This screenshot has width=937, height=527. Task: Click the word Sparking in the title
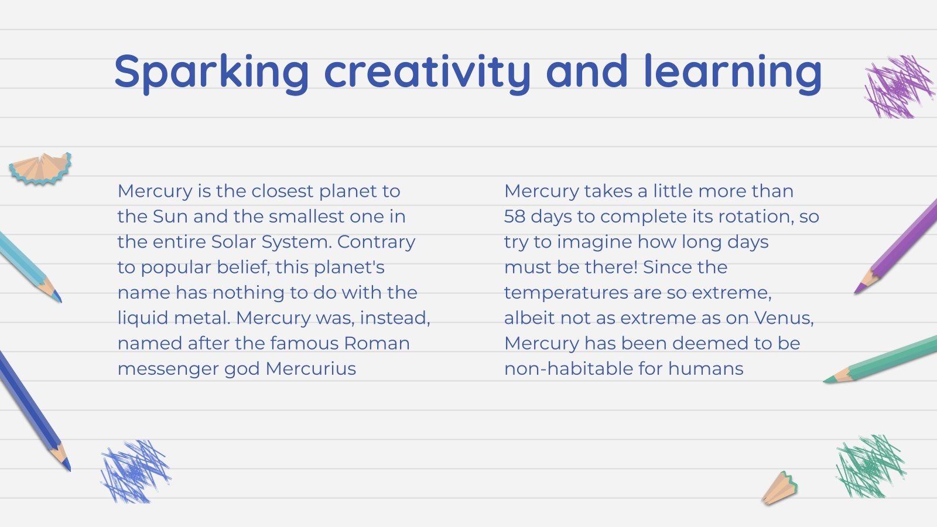pos(211,73)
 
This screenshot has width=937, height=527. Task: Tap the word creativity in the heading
pos(428,73)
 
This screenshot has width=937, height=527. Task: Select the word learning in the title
pos(733,73)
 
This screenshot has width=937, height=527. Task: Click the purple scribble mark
pos(900,87)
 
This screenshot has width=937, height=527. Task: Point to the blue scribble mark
pos(135,471)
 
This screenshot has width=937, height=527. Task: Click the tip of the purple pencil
pos(856,293)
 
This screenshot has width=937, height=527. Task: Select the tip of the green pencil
pos(824,381)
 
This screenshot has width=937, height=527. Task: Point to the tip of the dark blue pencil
pos(70,470)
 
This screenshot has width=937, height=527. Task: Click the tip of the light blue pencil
pos(61,302)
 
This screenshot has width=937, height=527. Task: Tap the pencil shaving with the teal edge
pos(40,168)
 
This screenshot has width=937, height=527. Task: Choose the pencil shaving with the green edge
pos(779,488)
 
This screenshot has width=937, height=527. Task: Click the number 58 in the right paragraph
pos(514,217)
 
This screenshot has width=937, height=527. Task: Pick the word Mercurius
pos(311,369)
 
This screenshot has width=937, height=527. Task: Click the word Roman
pos(377,343)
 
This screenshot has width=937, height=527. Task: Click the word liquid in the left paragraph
pos(143,319)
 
